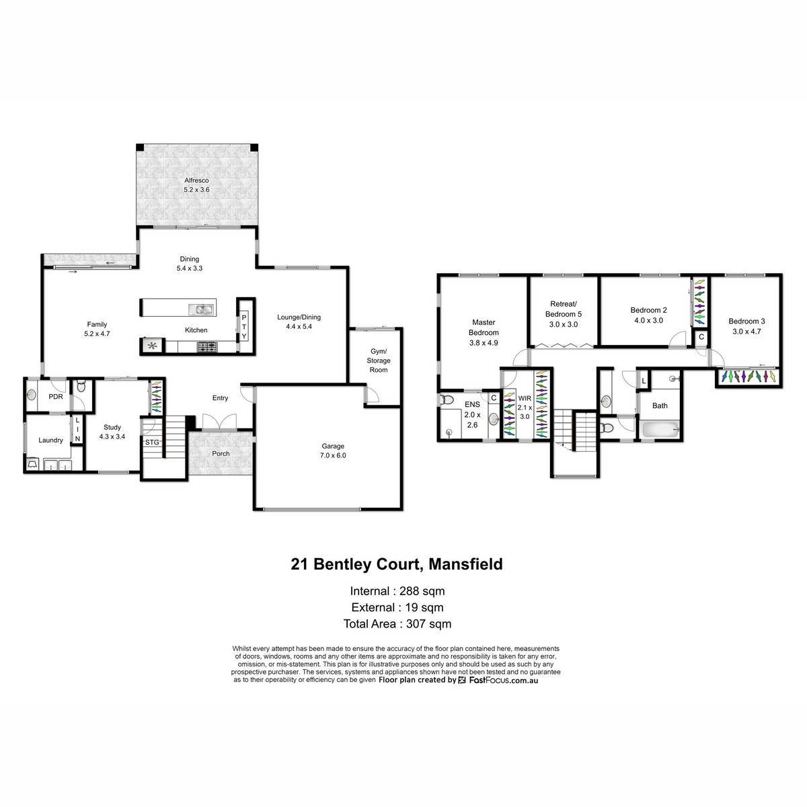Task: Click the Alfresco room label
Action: pyautogui.click(x=196, y=180)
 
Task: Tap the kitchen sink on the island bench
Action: pyautogui.click(x=202, y=310)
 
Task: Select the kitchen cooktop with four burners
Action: pyautogui.click(x=207, y=346)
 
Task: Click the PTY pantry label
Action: pyautogui.click(x=244, y=327)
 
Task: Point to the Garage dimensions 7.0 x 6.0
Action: pyautogui.click(x=333, y=455)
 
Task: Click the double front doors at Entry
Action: pyautogui.click(x=219, y=421)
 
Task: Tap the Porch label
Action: pyautogui.click(x=221, y=453)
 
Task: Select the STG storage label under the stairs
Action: pyautogui.click(x=152, y=443)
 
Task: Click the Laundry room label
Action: pyautogui.click(x=50, y=440)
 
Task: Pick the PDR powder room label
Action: pyautogui.click(x=56, y=397)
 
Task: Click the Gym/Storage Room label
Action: pyautogui.click(x=379, y=360)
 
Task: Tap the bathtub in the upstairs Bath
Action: pyautogui.click(x=660, y=430)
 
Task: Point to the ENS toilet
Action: pyautogui.click(x=447, y=400)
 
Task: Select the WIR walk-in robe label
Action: pyautogui.click(x=525, y=398)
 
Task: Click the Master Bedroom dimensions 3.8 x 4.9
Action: pyautogui.click(x=484, y=342)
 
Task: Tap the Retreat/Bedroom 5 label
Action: pyautogui.click(x=564, y=309)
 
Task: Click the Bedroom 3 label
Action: pyautogui.click(x=746, y=321)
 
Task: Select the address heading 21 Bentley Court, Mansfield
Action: pyautogui.click(x=397, y=564)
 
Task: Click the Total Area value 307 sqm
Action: pyautogui.click(x=429, y=624)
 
